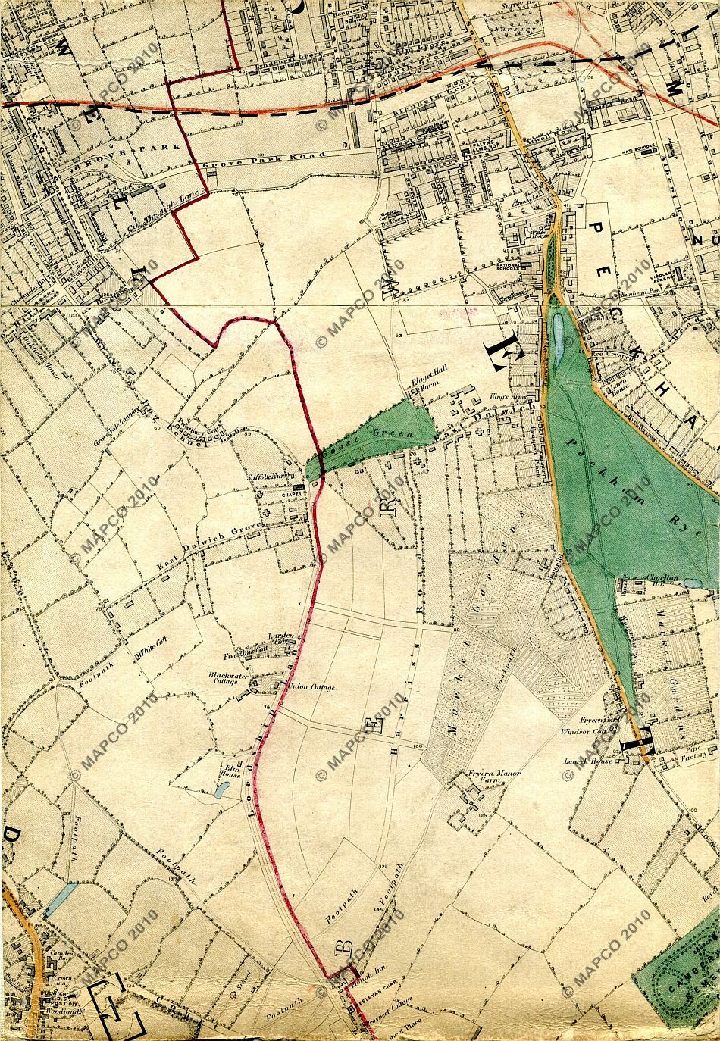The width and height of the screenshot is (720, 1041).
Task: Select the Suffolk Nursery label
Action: coord(270,479)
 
